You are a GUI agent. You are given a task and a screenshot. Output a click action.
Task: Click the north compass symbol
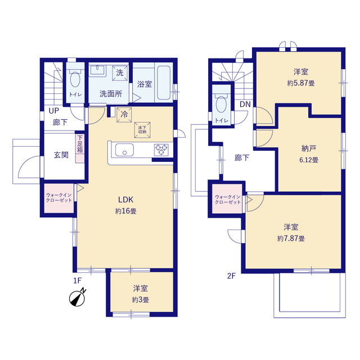[x=78, y=298]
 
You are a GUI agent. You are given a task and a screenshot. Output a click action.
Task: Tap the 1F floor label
[x=78, y=281]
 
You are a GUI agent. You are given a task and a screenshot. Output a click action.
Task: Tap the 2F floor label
[x=231, y=276]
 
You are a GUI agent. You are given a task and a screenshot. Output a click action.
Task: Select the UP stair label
[x=54, y=111]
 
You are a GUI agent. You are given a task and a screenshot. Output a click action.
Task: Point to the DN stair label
[x=245, y=105]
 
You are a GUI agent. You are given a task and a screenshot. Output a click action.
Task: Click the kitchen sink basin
[x=124, y=150]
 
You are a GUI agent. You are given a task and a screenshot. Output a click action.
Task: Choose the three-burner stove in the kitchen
[x=161, y=150]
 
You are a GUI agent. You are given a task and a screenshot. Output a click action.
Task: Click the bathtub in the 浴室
[x=164, y=83]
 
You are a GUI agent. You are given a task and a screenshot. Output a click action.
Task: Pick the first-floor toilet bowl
[x=75, y=79]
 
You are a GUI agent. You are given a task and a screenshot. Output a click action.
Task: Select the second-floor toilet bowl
[x=221, y=104]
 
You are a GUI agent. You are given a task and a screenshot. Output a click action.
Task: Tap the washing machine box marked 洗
[x=120, y=73]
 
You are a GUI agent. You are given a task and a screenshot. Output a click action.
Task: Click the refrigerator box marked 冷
[x=124, y=115]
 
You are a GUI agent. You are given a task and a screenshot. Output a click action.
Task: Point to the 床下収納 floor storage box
[x=142, y=130]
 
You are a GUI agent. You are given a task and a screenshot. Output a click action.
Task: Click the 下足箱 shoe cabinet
[x=80, y=148]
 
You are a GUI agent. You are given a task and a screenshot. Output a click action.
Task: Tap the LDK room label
[x=125, y=200]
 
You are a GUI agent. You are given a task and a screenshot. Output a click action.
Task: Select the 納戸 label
[x=309, y=148]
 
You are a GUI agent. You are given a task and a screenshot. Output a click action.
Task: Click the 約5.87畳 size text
[x=301, y=83]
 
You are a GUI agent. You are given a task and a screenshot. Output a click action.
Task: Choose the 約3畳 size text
[x=140, y=300]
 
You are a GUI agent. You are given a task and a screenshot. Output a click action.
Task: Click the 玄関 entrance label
[x=61, y=155]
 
